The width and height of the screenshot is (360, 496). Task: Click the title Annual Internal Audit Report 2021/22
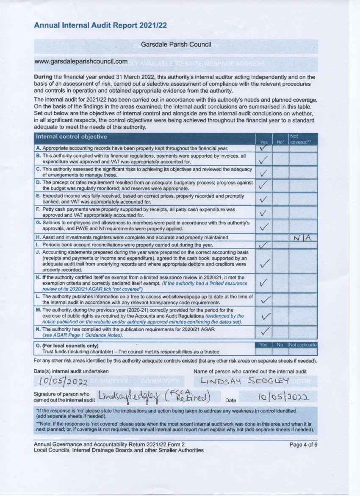(x=100, y=25)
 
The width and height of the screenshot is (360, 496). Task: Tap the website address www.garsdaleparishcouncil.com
(x=81, y=62)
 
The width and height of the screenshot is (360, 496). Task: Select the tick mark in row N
(x=265, y=331)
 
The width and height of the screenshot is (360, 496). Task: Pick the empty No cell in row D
(x=280, y=185)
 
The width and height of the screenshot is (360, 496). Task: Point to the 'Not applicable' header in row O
(x=303, y=345)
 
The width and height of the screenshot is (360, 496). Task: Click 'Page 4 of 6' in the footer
(x=303, y=445)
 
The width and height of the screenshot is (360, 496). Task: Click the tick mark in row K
(x=263, y=282)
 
